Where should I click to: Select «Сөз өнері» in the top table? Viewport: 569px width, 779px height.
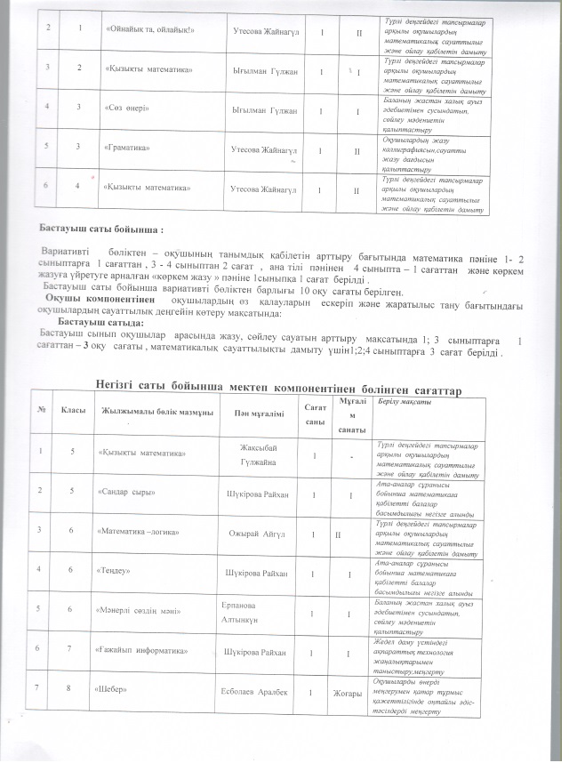[x=127, y=110]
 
